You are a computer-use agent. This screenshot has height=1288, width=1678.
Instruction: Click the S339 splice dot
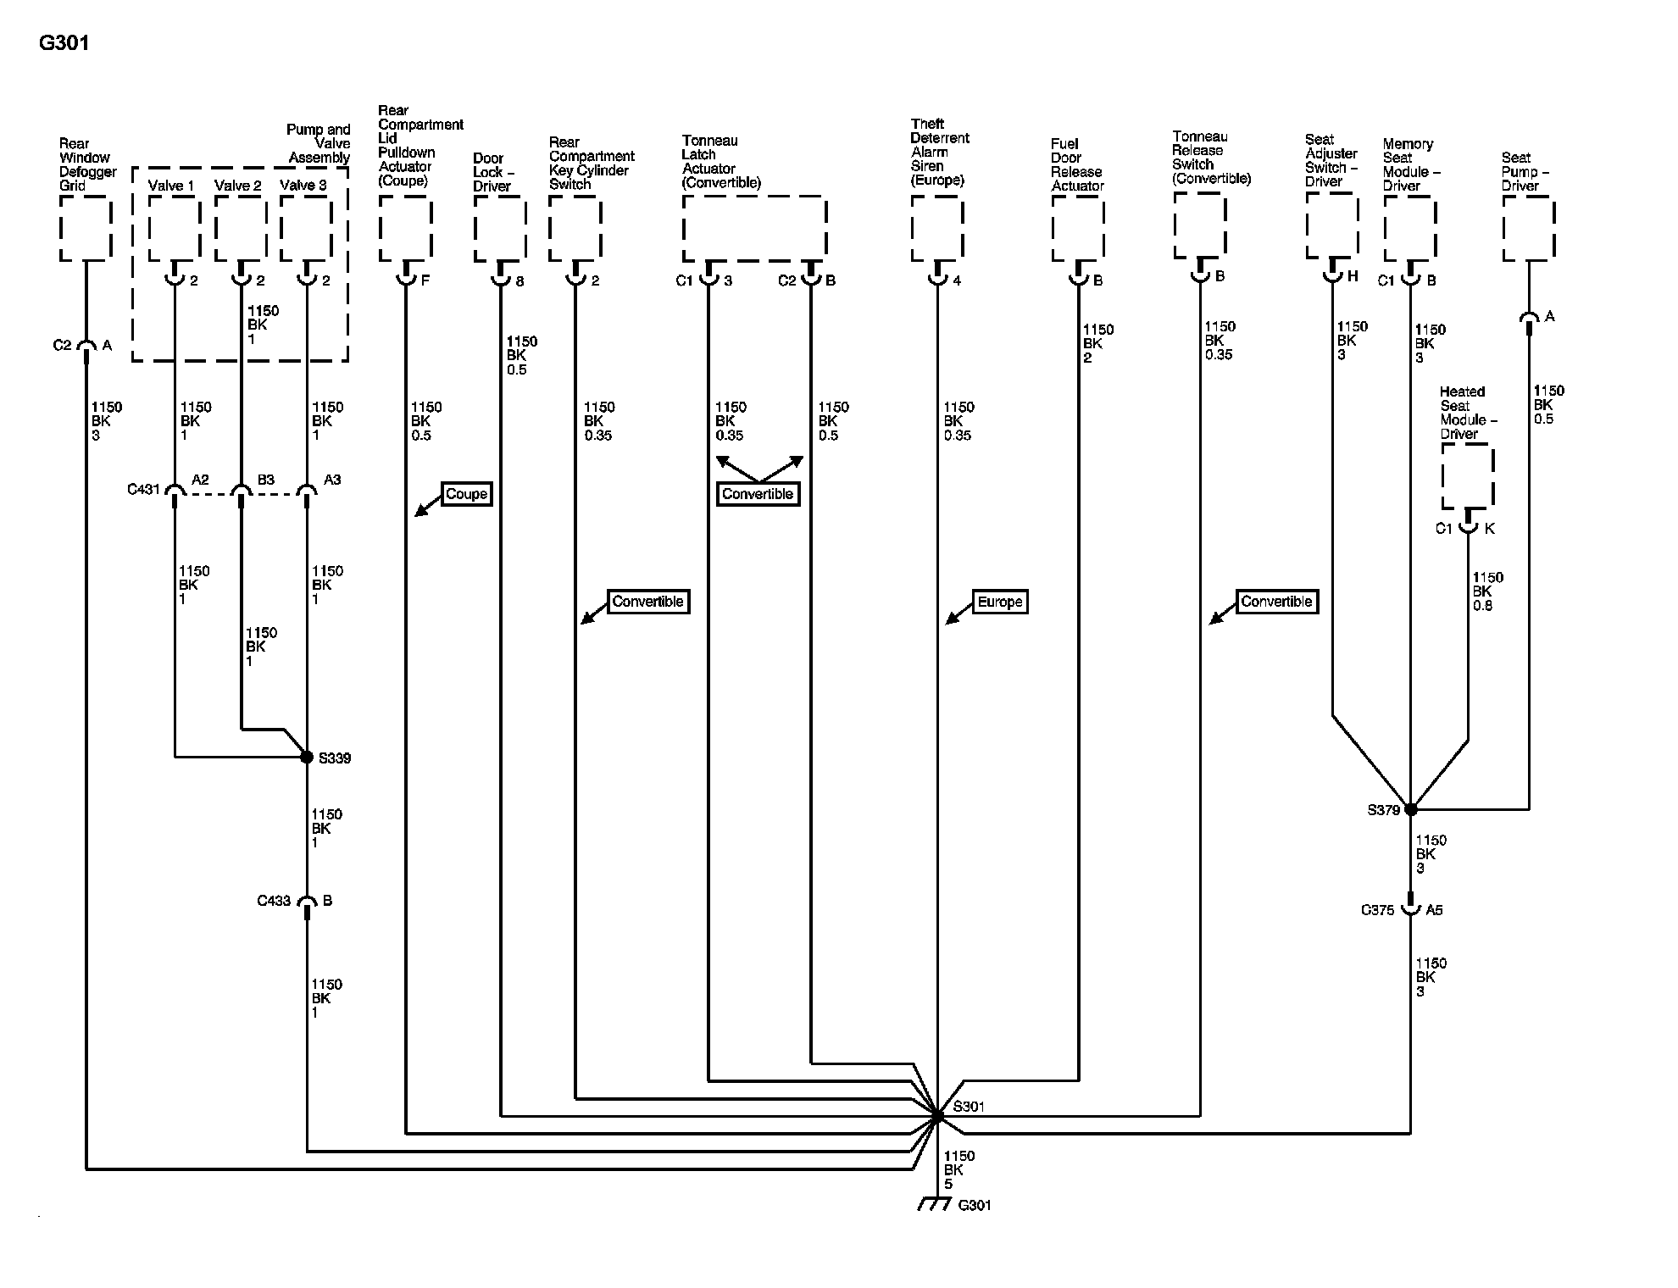coord(307,757)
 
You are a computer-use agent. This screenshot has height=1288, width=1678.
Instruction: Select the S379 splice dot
coord(1411,809)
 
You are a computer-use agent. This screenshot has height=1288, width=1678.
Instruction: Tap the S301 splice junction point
coord(937,1117)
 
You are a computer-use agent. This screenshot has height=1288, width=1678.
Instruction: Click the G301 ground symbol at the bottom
coord(934,1204)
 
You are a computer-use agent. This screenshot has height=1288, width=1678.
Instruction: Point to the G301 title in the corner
coord(64,42)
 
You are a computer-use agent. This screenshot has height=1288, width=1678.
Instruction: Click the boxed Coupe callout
coord(466,494)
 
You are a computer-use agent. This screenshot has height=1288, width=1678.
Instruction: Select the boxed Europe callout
coord(1000,602)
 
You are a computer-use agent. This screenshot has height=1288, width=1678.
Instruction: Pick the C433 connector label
coord(274,901)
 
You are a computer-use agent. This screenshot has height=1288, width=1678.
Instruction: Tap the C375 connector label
coord(1377,910)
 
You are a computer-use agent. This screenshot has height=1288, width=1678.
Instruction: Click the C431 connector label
coord(143,489)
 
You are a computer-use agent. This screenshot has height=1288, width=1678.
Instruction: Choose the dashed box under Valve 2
coord(241,228)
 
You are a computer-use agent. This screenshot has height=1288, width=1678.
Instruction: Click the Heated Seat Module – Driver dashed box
coord(1468,476)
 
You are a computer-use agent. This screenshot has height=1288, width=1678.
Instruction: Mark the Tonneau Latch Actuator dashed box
coord(754,228)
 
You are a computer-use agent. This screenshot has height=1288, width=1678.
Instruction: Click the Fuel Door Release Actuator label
coord(1077,164)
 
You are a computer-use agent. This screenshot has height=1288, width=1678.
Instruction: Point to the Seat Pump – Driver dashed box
coord(1529,228)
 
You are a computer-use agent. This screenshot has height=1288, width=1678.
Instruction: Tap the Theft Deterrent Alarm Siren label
coord(939,152)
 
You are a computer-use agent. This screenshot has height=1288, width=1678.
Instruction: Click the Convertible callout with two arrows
coord(758,494)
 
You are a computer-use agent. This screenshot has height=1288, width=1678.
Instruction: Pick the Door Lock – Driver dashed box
coord(500,228)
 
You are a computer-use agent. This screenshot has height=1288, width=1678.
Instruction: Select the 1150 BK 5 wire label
coord(958,1169)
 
